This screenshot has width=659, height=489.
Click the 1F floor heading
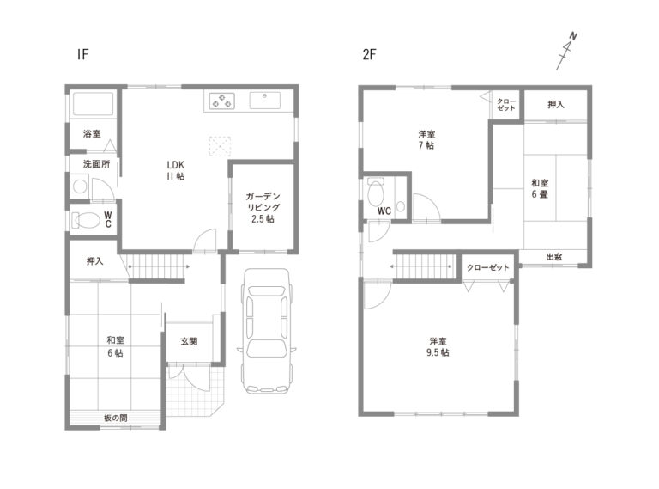click(82, 54)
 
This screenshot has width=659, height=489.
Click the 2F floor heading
click(370, 55)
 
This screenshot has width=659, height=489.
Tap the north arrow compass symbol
click(566, 51)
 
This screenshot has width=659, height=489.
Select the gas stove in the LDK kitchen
click(221, 101)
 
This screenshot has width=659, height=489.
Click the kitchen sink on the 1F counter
click(265, 101)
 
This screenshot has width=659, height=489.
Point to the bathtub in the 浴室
click(94, 103)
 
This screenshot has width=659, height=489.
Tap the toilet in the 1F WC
click(85, 220)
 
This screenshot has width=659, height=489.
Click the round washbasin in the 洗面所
click(80, 186)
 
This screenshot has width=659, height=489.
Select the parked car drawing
click(267, 330)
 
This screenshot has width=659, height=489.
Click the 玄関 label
click(189, 341)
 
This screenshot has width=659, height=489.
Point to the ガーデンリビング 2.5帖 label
click(263, 207)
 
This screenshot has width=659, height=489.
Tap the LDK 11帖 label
click(175, 170)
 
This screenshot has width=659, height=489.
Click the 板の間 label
click(116, 418)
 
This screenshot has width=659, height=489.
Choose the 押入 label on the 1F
click(94, 261)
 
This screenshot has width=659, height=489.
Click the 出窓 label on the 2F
click(554, 257)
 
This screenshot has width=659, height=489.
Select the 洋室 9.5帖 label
click(438, 346)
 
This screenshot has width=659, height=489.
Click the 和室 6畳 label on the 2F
click(540, 188)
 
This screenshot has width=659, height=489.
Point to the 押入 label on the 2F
click(556, 104)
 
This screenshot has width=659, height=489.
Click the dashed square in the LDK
click(221, 146)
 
